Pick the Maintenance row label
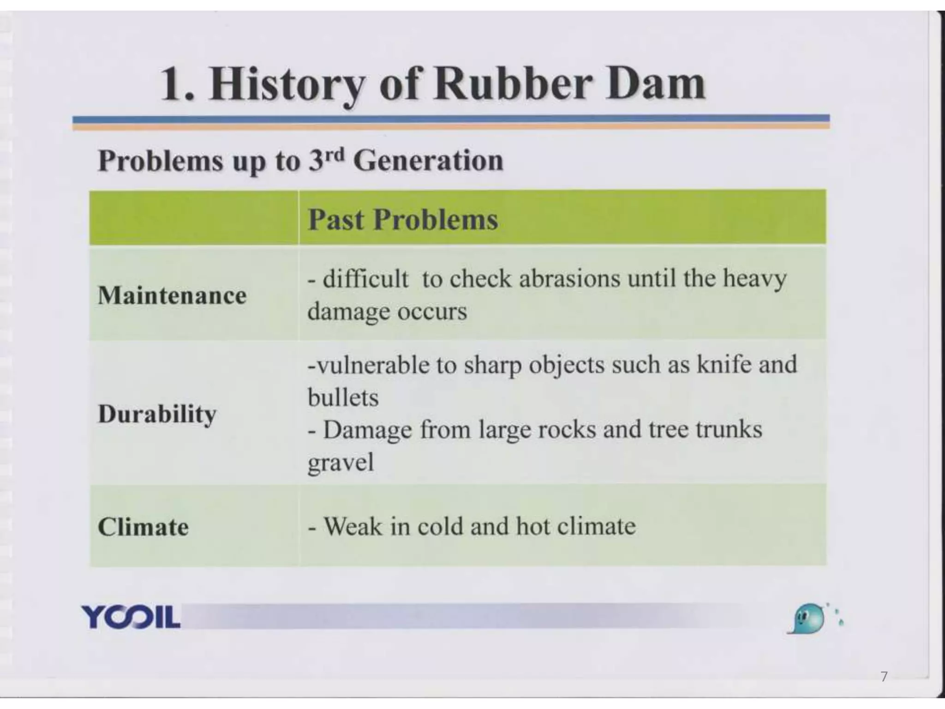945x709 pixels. (x=172, y=295)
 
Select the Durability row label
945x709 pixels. (x=157, y=414)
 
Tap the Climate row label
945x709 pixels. (x=143, y=527)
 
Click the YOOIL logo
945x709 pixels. (x=131, y=616)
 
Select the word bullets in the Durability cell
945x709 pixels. (x=343, y=397)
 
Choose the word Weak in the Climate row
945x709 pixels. (x=353, y=526)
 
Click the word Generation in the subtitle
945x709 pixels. (x=428, y=161)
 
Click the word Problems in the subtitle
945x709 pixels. (x=160, y=161)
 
